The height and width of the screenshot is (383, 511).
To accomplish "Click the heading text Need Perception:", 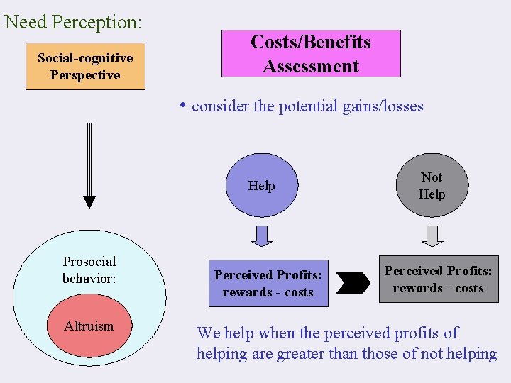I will tap(73, 21).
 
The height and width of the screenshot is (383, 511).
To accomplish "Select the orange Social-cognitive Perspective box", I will tap(85, 67).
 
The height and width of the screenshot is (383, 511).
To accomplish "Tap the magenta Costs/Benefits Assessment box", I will tap(311, 54).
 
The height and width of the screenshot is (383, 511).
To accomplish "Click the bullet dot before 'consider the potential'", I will tap(183, 105).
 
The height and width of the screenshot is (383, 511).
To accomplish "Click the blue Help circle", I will tap(261, 186).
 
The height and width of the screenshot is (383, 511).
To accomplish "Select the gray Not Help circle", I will tap(432, 186).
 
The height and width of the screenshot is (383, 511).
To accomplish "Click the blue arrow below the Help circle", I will tap(262, 235).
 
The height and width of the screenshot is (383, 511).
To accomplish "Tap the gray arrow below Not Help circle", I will tap(432, 235).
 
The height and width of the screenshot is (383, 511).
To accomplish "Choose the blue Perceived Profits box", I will tap(268, 283).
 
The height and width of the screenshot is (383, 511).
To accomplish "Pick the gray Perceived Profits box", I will tap(438, 279).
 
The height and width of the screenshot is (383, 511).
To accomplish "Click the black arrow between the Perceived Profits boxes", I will tap(353, 283).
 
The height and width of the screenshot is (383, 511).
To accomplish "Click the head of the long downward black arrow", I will tap(89, 201).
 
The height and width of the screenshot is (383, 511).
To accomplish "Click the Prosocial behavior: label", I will tap(89, 270).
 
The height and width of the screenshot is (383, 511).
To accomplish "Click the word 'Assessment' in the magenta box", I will tap(311, 67).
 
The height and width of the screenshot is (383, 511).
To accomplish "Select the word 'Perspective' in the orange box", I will tap(85, 75).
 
